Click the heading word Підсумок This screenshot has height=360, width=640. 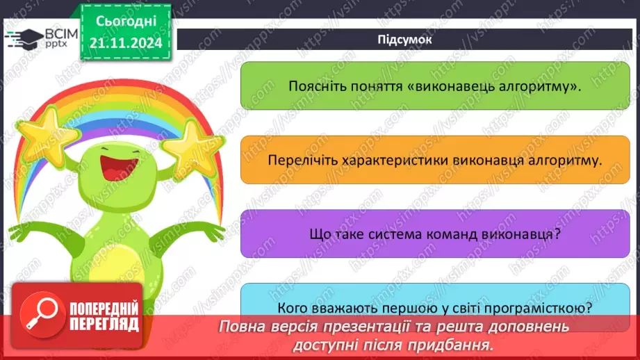coord(404,40)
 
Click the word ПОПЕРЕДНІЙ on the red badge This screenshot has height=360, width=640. coord(103,309)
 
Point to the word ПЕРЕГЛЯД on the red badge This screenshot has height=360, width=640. coord(103,324)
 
